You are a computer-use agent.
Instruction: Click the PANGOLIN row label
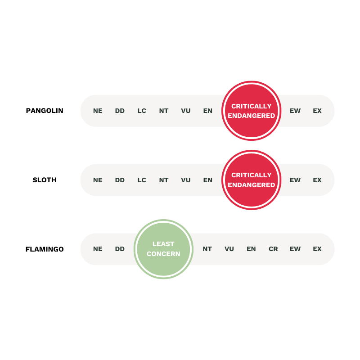pyautogui.click(x=45, y=111)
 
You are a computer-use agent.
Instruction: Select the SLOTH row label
pyautogui.click(x=45, y=180)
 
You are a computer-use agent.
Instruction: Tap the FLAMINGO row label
pyautogui.click(x=45, y=249)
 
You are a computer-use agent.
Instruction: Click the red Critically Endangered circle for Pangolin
pyautogui.click(x=252, y=111)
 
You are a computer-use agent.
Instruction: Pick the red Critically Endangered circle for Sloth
pyautogui.click(x=252, y=180)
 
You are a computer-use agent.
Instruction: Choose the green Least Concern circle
pyautogui.click(x=163, y=249)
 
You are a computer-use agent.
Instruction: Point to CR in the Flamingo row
pyautogui.click(x=273, y=249)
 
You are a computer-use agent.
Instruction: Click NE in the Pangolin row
pyautogui.click(x=98, y=111)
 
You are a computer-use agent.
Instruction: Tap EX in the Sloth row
pyautogui.click(x=317, y=180)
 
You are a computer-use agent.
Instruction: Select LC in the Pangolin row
pyautogui.click(x=142, y=111)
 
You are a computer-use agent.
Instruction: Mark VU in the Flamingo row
pyautogui.click(x=229, y=249)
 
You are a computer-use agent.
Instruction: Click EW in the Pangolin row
pyautogui.click(x=295, y=111)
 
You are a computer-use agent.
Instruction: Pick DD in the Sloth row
pyautogui.click(x=120, y=180)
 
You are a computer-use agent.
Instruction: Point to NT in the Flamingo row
pyautogui.click(x=207, y=249)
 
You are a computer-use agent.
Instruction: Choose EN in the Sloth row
pyautogui.click(x=208, y=180)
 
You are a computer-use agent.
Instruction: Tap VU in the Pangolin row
pyautogui.click(x=186, y=111)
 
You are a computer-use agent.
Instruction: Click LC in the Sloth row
pyautogui.click(x=142, y=180)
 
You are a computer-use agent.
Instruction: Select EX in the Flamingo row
pyautogui.click(x=317, y=249)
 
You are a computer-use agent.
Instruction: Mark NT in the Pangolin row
pyautogui.click(x=164, y=111)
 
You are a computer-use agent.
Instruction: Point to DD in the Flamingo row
pyautogui.click(x=120, y=249)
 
